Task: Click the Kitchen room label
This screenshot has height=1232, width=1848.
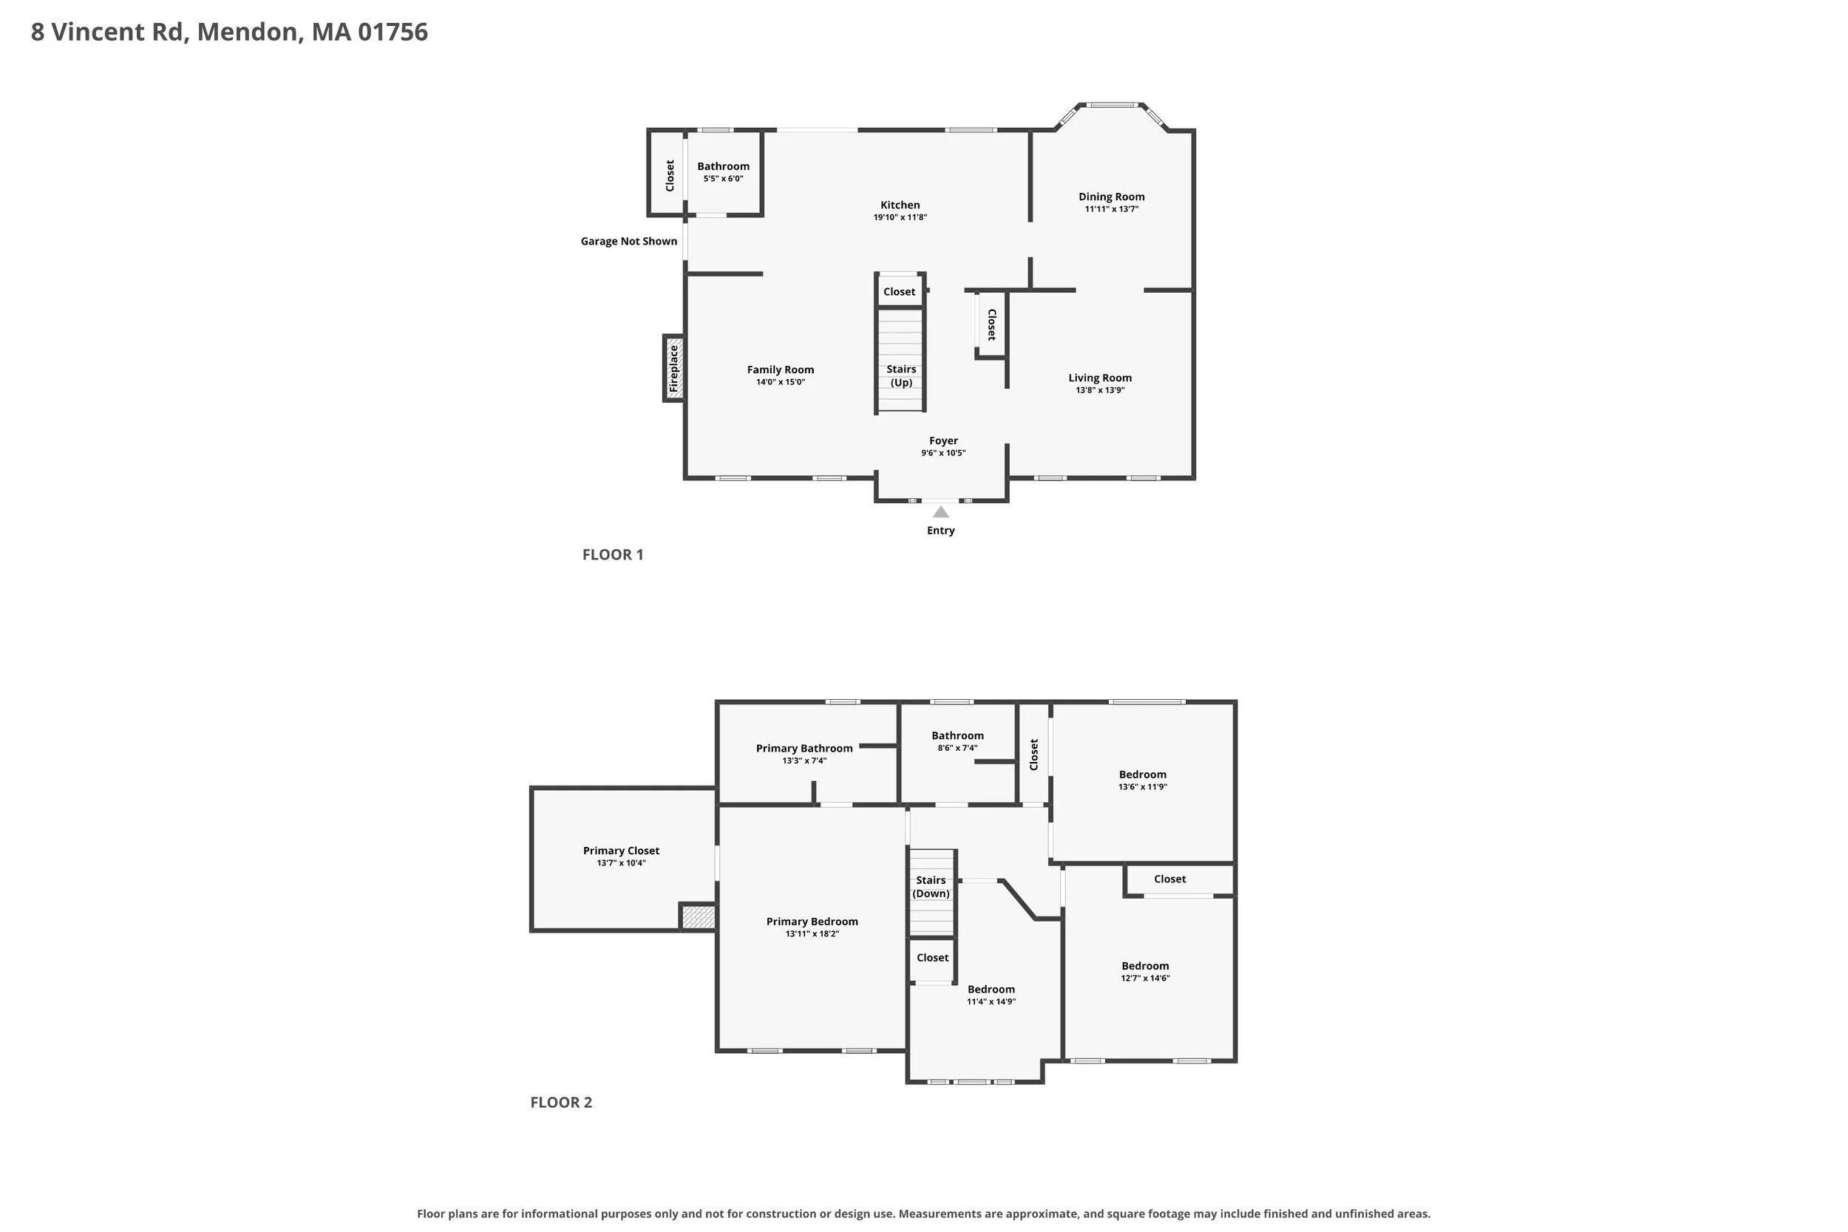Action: click(x=900, y=205)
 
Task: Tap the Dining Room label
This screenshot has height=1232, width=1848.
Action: click(x=1111, y=197)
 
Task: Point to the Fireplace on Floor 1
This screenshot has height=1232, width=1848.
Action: click(x=673, y=369)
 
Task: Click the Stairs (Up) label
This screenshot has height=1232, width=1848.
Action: click(x=901, y=375)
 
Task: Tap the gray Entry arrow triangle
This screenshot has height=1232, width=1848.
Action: click(x=940, y=511)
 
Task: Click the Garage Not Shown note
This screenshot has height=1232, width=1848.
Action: click(x=628, y=241)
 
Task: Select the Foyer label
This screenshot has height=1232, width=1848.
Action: click(x=944, y=440)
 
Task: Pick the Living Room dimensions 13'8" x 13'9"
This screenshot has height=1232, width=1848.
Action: click(x=1100, y=390)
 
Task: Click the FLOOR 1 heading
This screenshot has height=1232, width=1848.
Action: click(x=613, y=555)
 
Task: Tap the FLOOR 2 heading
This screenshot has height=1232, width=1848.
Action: click(x=561, y=1103)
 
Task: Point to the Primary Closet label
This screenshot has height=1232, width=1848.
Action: click(x=621, y=851)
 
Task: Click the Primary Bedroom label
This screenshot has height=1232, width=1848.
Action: click(x=812, y=922)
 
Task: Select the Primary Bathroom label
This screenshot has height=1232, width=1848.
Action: click(x=804, y=749)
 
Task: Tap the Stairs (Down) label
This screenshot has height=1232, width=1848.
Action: click(x=931, y=887)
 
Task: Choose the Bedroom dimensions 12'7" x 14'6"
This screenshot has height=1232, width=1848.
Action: click(x=1145, y=979)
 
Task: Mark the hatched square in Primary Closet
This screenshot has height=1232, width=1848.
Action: click(x=699, y=917)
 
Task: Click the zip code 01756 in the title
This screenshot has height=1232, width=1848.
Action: click(x=393, y=33)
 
